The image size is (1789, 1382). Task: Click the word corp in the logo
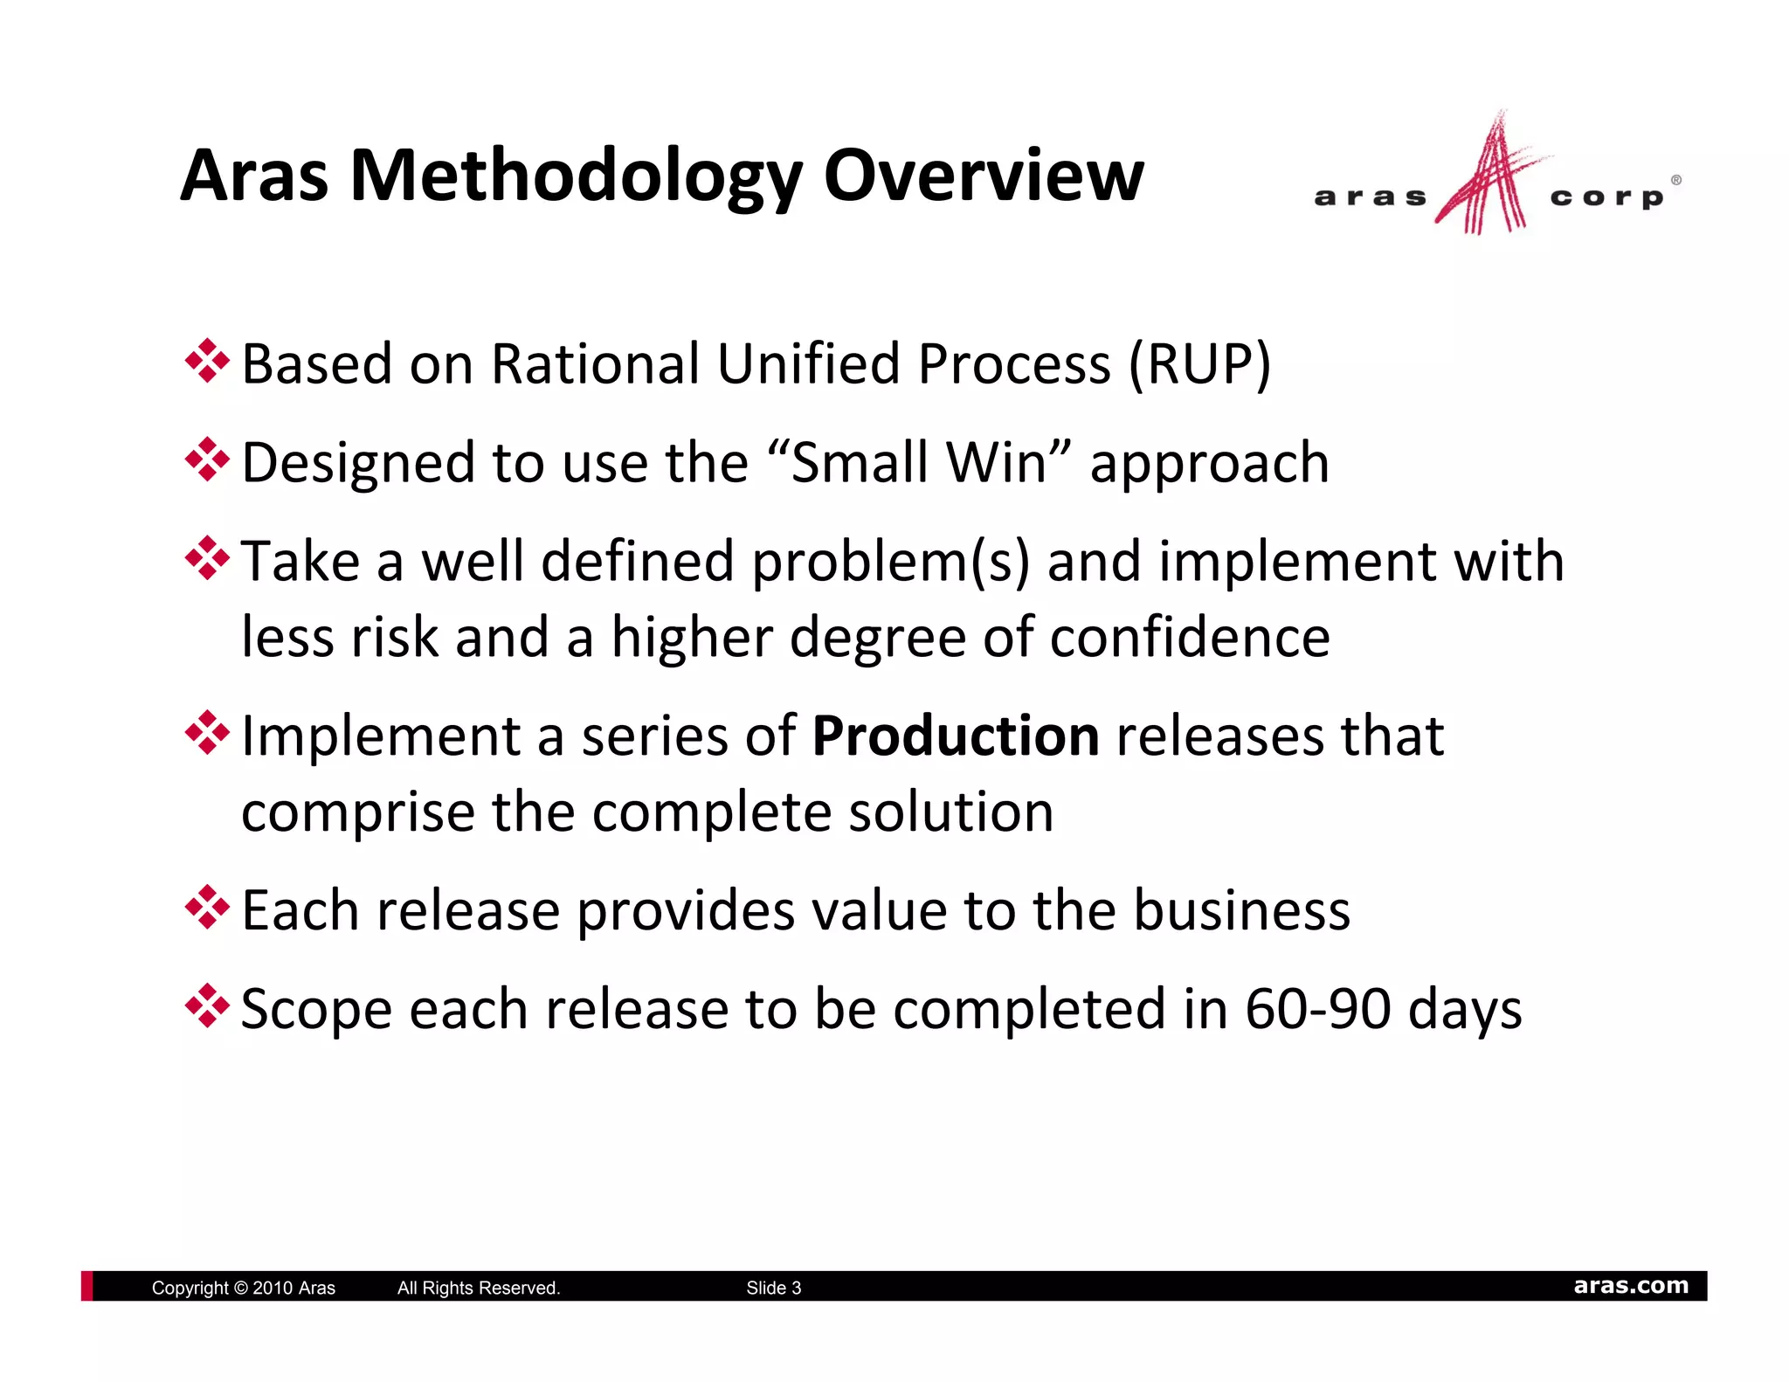[1606, 197]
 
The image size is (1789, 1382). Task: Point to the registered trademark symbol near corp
[1675, 180]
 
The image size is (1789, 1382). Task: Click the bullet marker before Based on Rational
[207, 361]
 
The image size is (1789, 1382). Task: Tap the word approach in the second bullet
[1210, 464]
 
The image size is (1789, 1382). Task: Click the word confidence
[1190, 637]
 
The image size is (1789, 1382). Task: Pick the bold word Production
[956, 736]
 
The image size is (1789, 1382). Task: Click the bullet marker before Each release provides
[207, 908]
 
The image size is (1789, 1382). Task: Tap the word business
[1241, 910]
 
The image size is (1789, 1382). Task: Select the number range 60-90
[1317, 1009]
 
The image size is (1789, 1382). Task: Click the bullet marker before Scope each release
[207, 1006]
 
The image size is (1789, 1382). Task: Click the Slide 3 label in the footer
[773, 1288]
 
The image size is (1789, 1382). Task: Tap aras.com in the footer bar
[1630, 1286]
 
